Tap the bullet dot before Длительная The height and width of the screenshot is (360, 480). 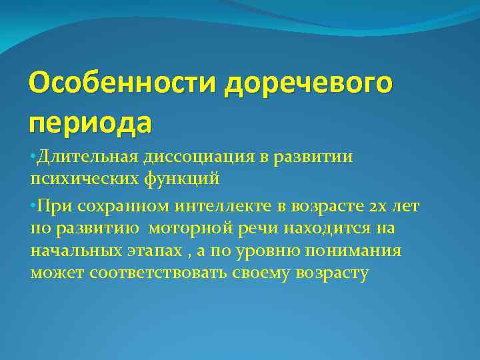click(33, 156)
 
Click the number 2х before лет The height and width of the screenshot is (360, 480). click(376, 207)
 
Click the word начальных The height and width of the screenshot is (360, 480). click(73, 251)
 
